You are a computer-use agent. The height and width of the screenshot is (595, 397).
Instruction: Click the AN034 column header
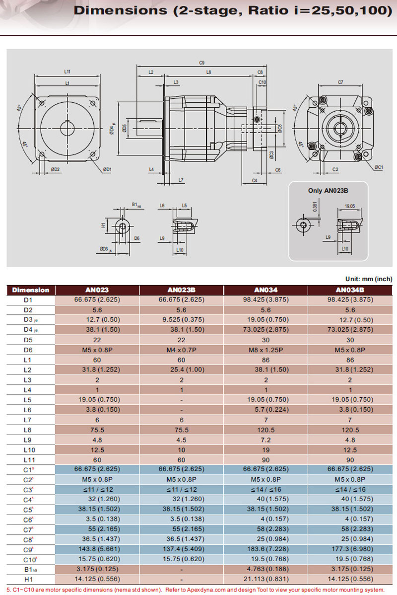pyautogui.click(x=266, y=290)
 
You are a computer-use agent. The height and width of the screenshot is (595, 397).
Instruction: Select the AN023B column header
pyautogui.click(x=181, y=290)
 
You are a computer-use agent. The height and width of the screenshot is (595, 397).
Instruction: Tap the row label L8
pyautogui.click(x=27, y=430)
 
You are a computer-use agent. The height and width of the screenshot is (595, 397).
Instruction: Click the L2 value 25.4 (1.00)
pyautogui.click(x=181, y=370)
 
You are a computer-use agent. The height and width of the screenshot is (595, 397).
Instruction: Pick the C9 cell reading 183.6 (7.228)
pyautogui.click(x=266, y=549)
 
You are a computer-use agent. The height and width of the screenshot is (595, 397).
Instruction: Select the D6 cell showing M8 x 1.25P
pyautogui.click(x=266, y=350)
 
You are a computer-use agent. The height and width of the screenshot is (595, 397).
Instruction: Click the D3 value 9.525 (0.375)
pyautogui.click(x=181, y=320)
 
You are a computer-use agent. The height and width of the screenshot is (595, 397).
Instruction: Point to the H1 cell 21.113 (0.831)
pyautogui.click(x=266, y=579)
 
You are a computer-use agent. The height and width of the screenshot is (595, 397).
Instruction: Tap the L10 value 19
pyautogui.click(x=266, y=449)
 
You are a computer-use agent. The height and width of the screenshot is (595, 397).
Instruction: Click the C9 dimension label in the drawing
pyautogui.click(x=201, y=63)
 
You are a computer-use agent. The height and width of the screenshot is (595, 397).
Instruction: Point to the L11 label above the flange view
pyautogui.click(x=67, y=72)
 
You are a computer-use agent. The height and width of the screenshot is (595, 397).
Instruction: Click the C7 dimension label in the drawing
pyautogui.click(x=340, y=81)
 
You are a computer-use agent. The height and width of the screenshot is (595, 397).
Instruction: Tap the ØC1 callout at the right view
pyautogui.click(x=379, y=167)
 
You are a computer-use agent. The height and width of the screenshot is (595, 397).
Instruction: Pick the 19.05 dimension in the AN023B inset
pyautogui.click(x=349, y=205)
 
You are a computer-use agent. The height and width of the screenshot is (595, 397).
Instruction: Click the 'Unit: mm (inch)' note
pyautogui.click(x=368, y=279)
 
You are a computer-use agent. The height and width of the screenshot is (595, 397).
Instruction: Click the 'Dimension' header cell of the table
pyautogui.click(x=30, y=290)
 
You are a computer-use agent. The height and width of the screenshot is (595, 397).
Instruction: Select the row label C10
pyautogui.click(x=28, y=559)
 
